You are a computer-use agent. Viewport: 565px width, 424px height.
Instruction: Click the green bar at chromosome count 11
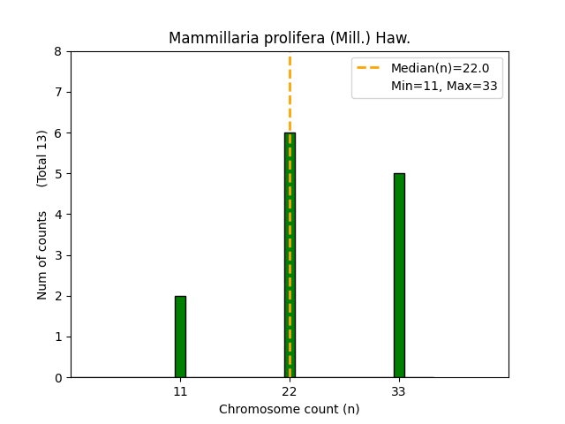(180, 337)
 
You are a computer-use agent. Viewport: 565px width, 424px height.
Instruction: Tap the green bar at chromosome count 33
(399, 276)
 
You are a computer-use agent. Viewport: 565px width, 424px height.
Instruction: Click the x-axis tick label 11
(180, 391)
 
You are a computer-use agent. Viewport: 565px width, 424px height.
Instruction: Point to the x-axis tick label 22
(290, 391)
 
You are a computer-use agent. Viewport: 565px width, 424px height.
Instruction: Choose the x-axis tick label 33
(399, 391)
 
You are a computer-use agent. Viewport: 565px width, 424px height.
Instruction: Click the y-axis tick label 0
(58, 378)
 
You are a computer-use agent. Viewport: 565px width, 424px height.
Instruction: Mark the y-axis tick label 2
(58, 296)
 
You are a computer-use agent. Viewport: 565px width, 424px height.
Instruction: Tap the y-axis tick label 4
(58, 215)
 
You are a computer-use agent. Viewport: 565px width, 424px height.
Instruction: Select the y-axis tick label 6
(58, 133)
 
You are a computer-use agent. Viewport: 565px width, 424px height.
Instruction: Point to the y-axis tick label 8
(58, 52)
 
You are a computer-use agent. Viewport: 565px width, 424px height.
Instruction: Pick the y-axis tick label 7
(58, 93)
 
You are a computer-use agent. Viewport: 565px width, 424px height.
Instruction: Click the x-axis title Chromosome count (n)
(290, 409)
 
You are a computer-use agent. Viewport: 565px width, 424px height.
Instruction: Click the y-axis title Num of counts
(42, 254)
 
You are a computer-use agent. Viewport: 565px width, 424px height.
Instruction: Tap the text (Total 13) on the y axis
(42, 158)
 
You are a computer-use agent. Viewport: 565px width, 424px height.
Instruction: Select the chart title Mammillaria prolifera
(290, 38)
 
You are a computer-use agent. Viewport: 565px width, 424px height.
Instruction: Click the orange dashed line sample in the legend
(370, 68)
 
